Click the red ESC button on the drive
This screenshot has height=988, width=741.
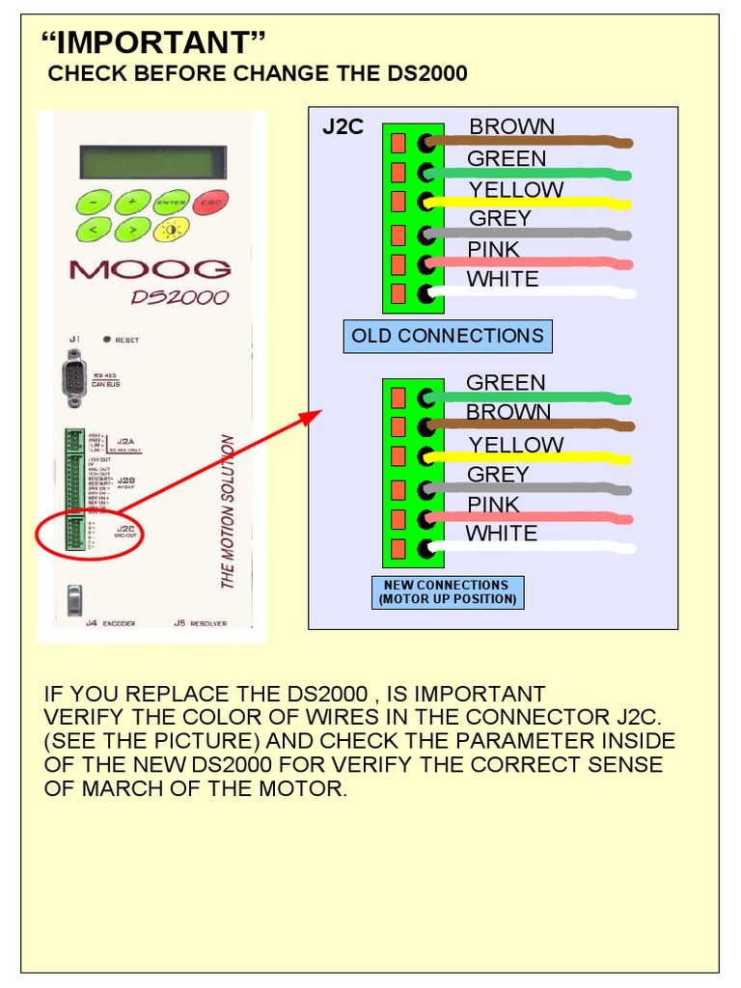click(x=208, y=203)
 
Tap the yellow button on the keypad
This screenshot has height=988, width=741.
click(x=172, y=229)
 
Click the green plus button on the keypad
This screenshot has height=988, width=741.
click(x=131, y=203)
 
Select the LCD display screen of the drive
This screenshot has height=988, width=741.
click(x=152, y=162)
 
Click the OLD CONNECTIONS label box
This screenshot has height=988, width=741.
click(x=448, y=337)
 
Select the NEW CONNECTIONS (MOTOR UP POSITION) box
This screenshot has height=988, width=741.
click(x=448, y=592)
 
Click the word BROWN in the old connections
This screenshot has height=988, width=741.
click(x=511, y=126)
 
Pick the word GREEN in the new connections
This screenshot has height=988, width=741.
click(x=506, y=383)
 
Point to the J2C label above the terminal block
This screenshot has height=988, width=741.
click(x=343, y=127)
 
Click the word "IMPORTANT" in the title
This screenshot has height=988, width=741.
click(x=153, y=42)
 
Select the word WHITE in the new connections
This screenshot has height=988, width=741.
click(x=501, y=534)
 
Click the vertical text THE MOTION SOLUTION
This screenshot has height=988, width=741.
click(x=228, y=511)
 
